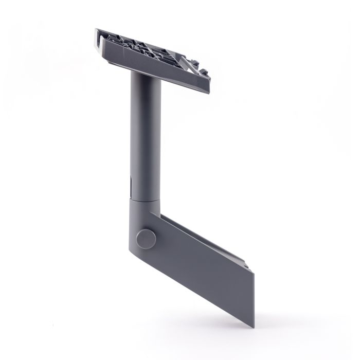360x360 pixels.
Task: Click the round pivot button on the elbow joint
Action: click(146, 239)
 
